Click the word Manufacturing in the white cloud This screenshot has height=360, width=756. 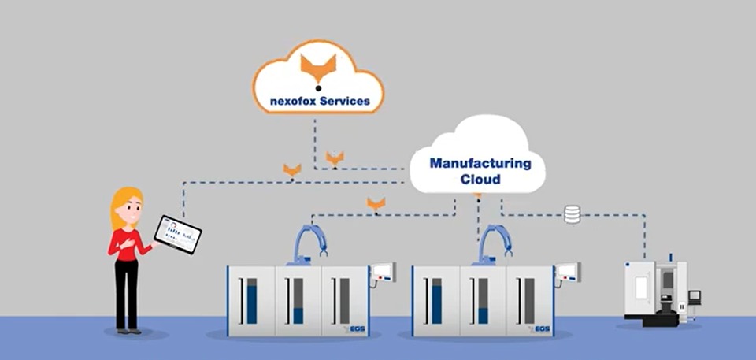pos(480,164)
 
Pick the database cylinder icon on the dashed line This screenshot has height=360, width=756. pos(572,213)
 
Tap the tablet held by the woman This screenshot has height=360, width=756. pos(177,234)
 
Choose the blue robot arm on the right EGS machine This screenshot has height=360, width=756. pos(495,243)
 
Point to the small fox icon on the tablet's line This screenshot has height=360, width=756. pos(292,169)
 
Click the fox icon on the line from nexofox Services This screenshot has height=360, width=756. pos(335,158)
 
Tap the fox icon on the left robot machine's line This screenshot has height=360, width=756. pos(376,204)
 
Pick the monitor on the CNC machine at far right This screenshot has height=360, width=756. pos(694,297)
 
